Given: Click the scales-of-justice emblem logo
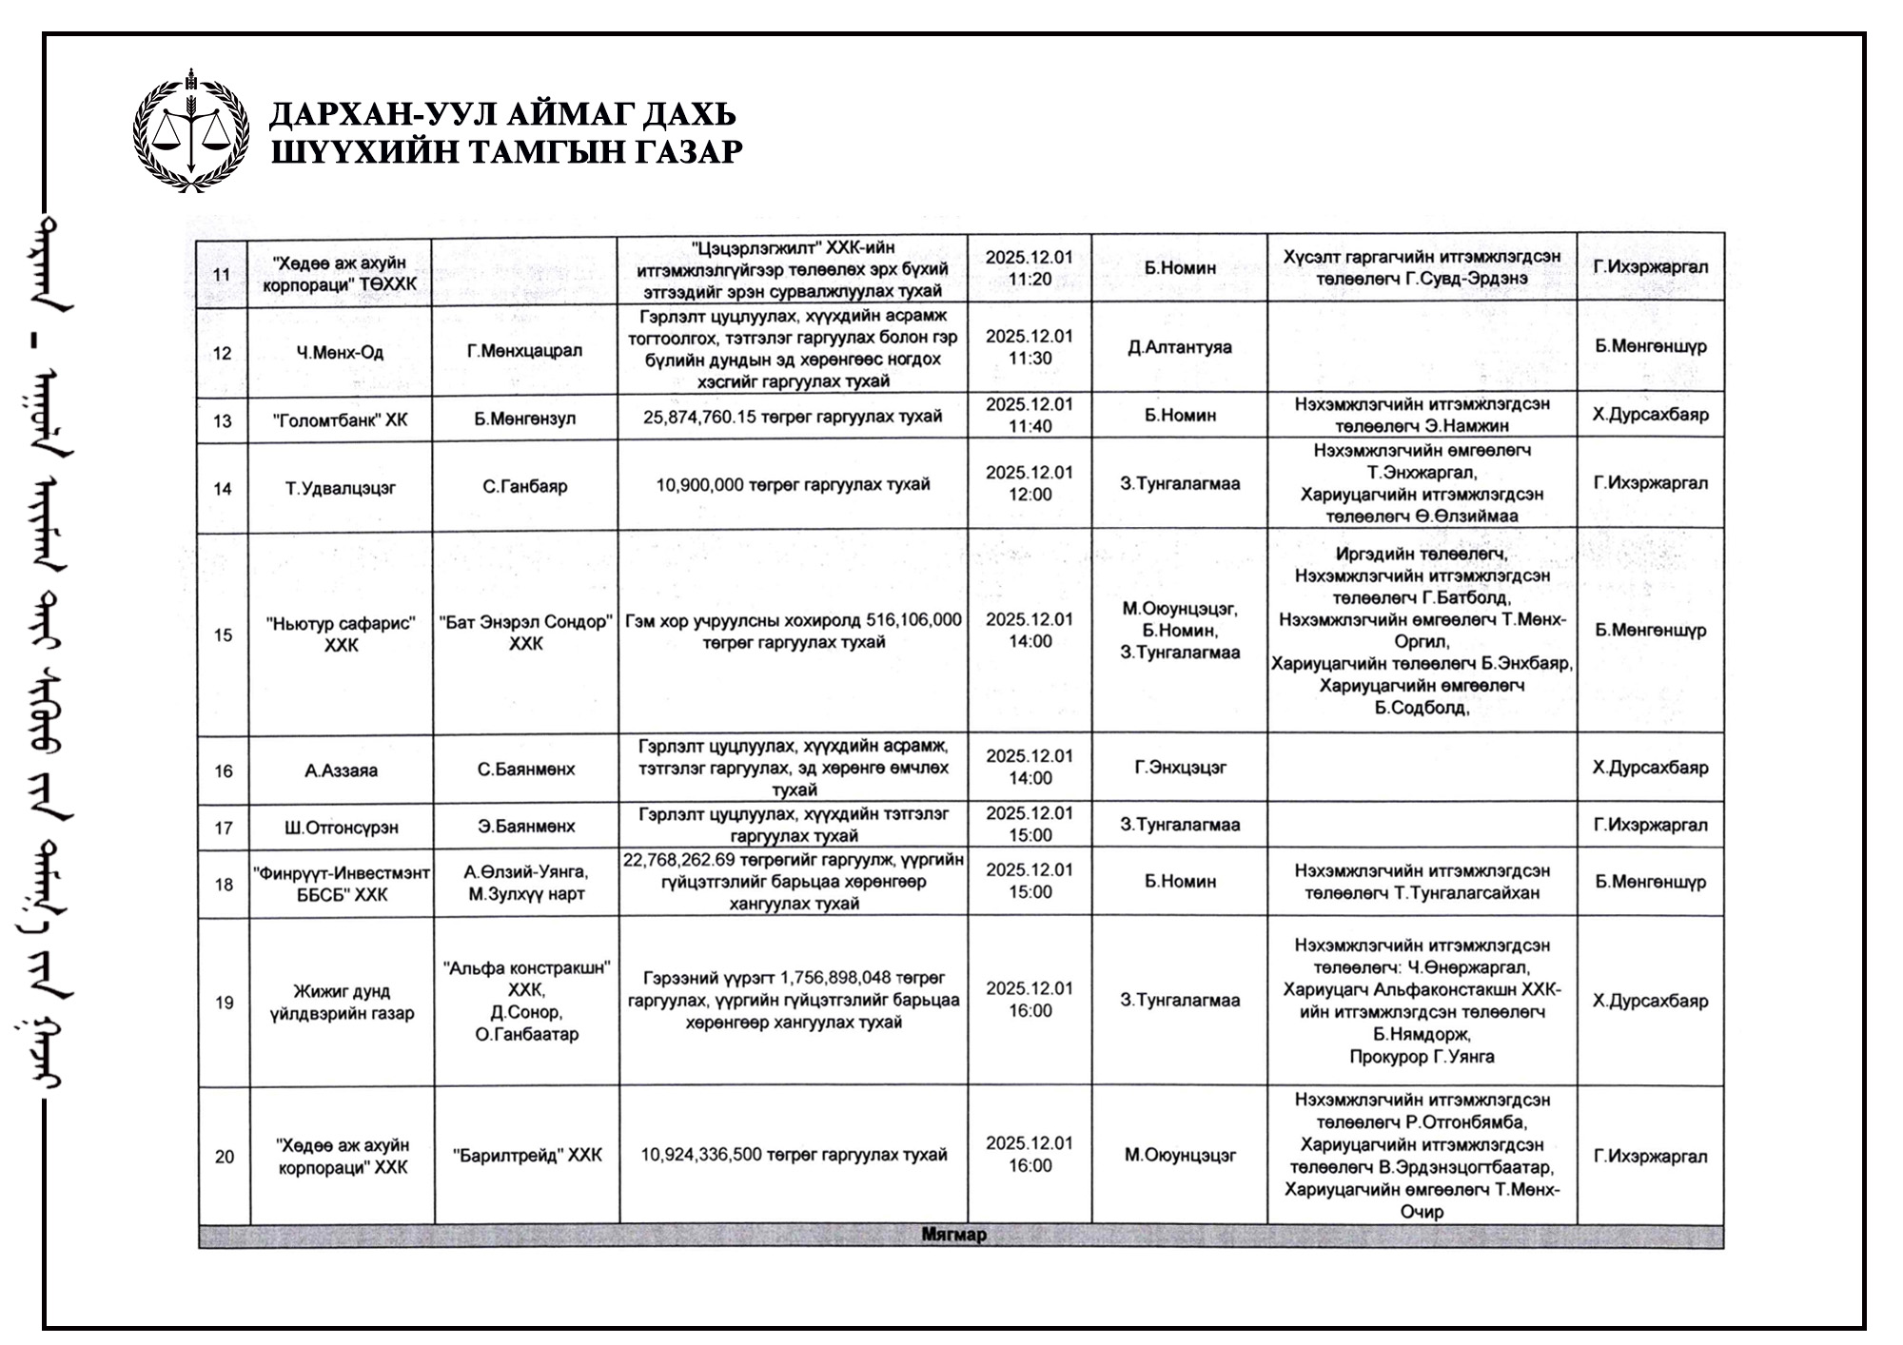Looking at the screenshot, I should click(x=192, y=131).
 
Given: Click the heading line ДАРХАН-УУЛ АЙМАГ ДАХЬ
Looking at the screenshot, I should click(x=502, y=115).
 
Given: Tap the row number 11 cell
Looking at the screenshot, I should click(x=222, y=275).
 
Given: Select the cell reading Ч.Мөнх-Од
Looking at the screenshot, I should click(x=340, y=352).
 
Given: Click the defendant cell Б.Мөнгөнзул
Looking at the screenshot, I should click(x=525, y=419).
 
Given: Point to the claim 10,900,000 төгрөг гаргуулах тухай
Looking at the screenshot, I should click(x=793, y=485).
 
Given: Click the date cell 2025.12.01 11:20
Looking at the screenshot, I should click(x=1029, y=267).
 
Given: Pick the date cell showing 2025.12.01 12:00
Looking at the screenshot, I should click(x=1029, y=483).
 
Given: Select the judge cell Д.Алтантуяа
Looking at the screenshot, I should click(x=1179, y=347).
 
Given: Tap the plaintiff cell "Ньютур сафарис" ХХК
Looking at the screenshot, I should click(x=341, y=634).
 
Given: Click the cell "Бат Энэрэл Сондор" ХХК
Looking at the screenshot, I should click(x=525, y=633).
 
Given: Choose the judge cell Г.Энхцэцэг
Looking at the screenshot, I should click(x=1180, y=767).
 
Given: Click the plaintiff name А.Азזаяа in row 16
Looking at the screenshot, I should click(x=341, y=770).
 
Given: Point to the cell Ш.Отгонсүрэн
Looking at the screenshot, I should click(x=341, y=828).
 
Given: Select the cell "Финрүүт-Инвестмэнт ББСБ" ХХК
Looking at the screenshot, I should click(x=342, y=884).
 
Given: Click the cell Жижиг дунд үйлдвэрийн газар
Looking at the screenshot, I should click(x=341, y=1003).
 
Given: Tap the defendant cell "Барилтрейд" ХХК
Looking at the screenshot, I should click(x=527, y=1156).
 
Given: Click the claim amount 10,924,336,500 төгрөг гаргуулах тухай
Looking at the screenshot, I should click(x=794, y=1155).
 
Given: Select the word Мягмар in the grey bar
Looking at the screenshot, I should click(x=953, y=1235).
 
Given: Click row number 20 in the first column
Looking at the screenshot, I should click(x=224, y=1157).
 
